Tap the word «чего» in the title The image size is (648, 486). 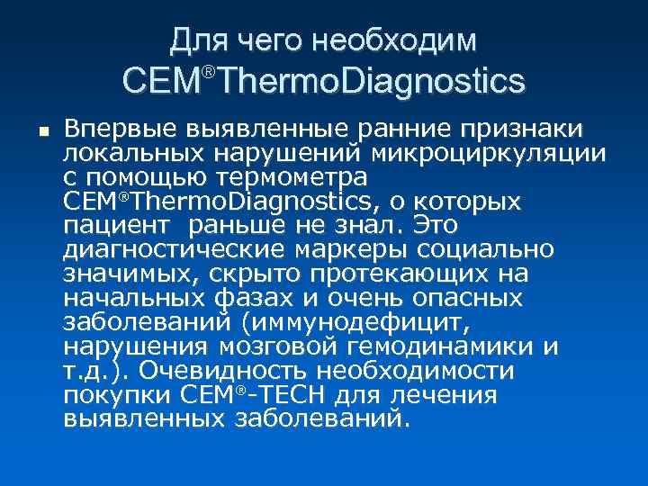(x=270, y=40)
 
